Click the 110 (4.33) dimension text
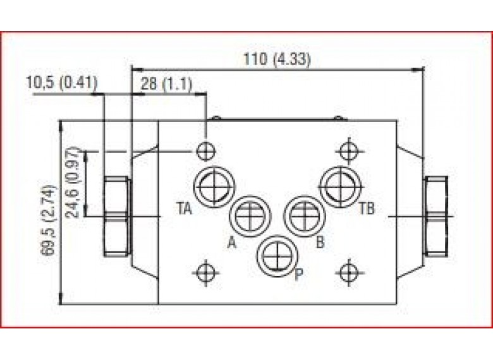click(277, 60)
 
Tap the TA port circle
click(214, 186)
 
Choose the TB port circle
click(339, 185)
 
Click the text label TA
click(184, 206)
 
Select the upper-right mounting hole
click(348, 151)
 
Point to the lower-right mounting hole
click(348, 272)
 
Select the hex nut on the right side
click(437, 217)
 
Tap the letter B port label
click(320, 241)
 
